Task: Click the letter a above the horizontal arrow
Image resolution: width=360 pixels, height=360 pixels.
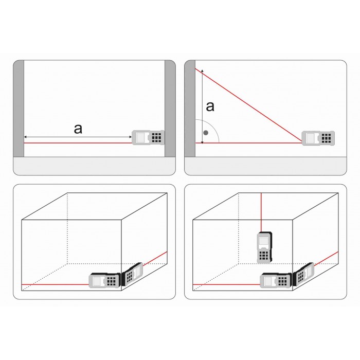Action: (x=78, y=129)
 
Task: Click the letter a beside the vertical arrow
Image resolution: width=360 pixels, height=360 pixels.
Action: (x=210, y=107)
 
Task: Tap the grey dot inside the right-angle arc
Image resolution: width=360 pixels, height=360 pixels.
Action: (x=206, y=133)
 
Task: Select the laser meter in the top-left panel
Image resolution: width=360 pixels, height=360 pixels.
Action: (x=148, y=137)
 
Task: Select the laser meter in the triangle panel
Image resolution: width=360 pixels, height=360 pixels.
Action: (x=318, y=138)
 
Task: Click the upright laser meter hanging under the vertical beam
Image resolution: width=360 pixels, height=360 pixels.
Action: (x=265, y=247)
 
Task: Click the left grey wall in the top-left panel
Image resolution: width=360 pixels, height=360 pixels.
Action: (x=19, y=109)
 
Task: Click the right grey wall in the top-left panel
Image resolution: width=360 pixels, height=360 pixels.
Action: (x=170, y=109)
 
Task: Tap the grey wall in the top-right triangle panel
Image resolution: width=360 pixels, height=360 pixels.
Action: (x=190, y=109)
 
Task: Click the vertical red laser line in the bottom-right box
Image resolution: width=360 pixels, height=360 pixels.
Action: (x=261, y=212)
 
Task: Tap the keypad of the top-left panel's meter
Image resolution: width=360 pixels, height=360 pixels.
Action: (x=156, y=137)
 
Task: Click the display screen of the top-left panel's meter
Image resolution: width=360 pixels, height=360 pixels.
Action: (x=141, y=137)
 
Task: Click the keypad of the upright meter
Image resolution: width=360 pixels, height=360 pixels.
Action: (x=264, y=255)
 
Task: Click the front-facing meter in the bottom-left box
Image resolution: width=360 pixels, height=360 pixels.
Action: (x=105, y=280)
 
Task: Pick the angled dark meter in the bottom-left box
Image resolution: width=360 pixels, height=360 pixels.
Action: (x=132, y=274)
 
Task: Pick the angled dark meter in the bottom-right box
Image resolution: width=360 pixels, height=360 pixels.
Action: (x=303, y=274)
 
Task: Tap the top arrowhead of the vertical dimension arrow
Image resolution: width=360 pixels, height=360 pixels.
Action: (x=202, y=70)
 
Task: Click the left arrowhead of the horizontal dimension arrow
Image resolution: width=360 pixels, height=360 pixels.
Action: (x=26, y=137)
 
